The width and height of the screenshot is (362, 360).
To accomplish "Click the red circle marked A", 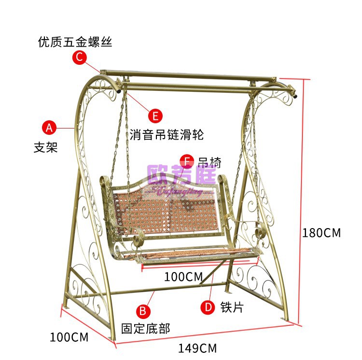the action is pyautogui.click(x=49, y=128).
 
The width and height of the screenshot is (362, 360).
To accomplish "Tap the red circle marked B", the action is pyautogui.click(x=143, y=310).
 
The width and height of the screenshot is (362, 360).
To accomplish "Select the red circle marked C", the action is pyautogui.click(x=80, y=58).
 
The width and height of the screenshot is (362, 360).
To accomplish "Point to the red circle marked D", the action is pyautogui.click(x=208, y=307).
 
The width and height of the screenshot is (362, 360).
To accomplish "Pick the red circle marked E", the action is pyautogui.click(x=155, y=116).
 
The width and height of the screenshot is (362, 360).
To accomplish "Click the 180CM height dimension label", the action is pyautogui.click(x=321, y=233).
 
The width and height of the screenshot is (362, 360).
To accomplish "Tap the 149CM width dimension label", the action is pyautogui.click(x=197, y=348).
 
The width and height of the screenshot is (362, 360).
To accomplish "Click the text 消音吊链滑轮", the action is pyautogui.click(x=167, y=135).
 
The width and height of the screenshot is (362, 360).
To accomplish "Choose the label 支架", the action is pyautogui.click(x=45, y=147).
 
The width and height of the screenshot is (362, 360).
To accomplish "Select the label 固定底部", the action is pyautogui.click(x=145, y=329).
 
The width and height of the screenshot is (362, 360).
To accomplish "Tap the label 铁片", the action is pyautogui.click(x=232, y=307).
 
